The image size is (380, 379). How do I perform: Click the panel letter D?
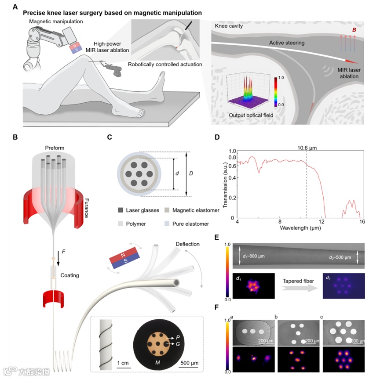click(x=230, y=137)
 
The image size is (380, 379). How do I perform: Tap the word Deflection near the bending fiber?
click(x=187, y=244)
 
